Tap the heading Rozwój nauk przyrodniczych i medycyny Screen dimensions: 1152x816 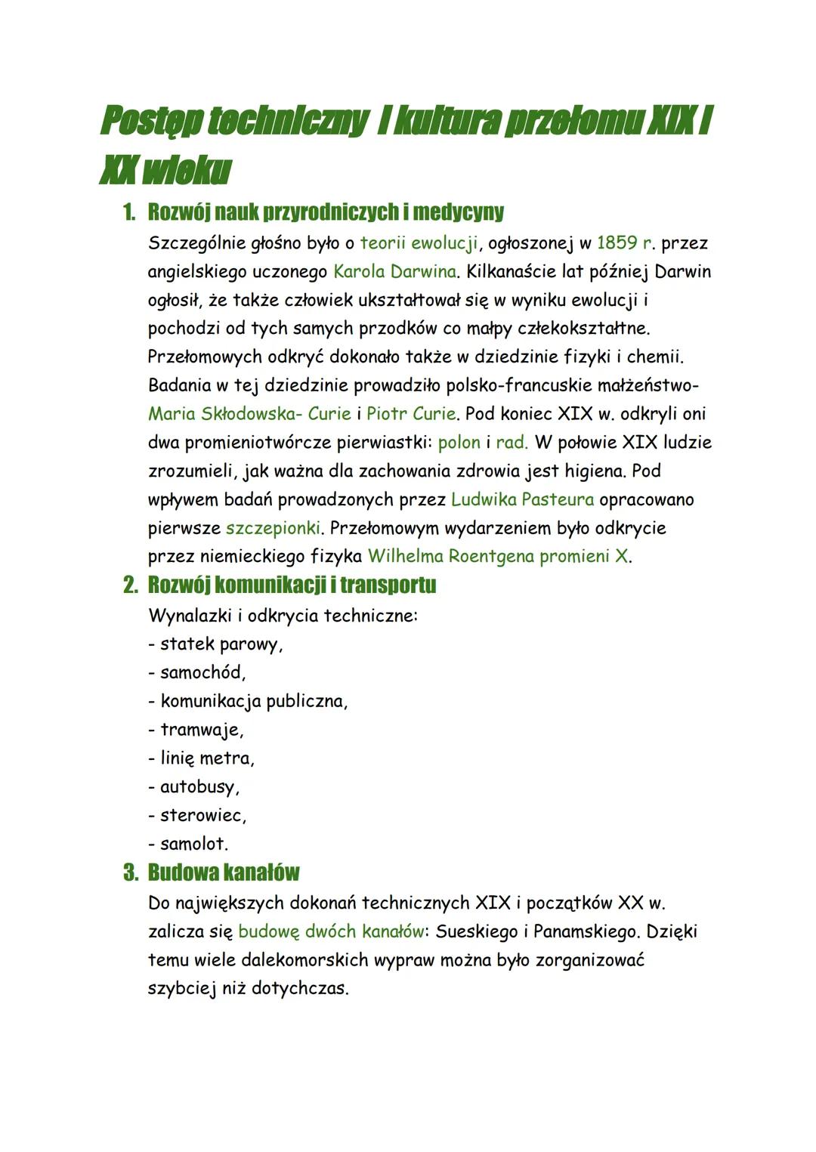[x=326, y=212]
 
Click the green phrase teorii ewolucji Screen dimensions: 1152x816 [x=419, y=243]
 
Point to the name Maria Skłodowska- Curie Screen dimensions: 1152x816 [x=249, y=414]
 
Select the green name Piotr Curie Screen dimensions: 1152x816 [x=411, y=414]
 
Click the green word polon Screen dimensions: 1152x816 [x=459, y=442]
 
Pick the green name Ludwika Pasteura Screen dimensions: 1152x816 [x=522, y=499]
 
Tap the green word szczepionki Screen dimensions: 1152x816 [x=274, y=527]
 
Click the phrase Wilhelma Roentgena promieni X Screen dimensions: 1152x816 [x=499, y=556]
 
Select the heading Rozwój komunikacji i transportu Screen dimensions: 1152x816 [x=292, y=585]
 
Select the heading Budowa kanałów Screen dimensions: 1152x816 [x=223, y=873]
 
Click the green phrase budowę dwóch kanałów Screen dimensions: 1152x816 [x=331, y=931]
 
